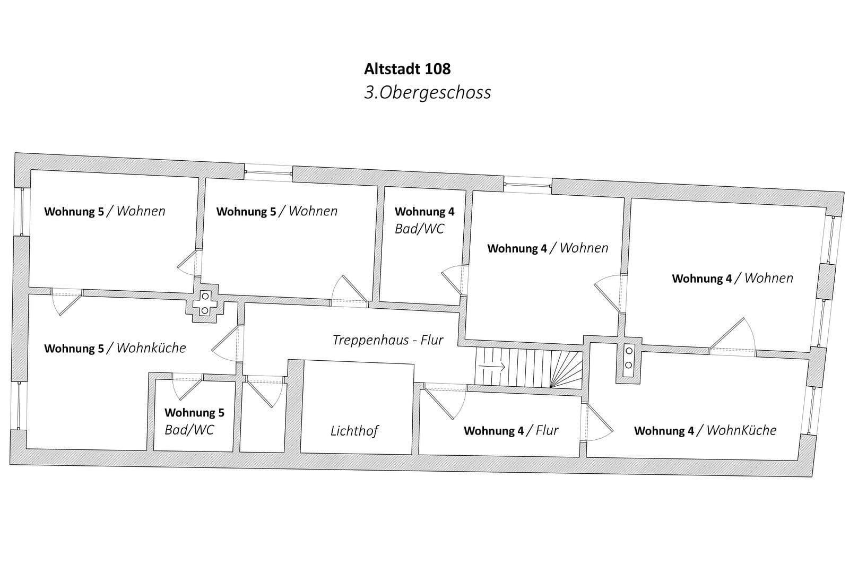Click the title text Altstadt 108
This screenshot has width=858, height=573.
click(407, 69)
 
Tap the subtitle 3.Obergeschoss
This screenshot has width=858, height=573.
click(427, 92)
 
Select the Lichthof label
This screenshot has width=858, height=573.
click(354, 431)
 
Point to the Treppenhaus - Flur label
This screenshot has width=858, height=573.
click(387, 340)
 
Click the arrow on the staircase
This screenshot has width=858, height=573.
click(491, 366)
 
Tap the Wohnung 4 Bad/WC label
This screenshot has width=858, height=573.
click(424, 220)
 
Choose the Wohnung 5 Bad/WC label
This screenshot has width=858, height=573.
click(194, 421)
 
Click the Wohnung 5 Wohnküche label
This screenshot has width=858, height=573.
click(115, 349)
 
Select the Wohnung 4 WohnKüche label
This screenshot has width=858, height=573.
click(705, 430)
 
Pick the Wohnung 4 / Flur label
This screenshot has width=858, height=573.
click(510, 430)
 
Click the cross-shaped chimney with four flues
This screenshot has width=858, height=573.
click(205, 305)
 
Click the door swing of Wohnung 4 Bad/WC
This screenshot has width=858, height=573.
click(453, 280)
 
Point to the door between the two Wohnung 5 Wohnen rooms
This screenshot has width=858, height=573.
click(188, 263)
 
